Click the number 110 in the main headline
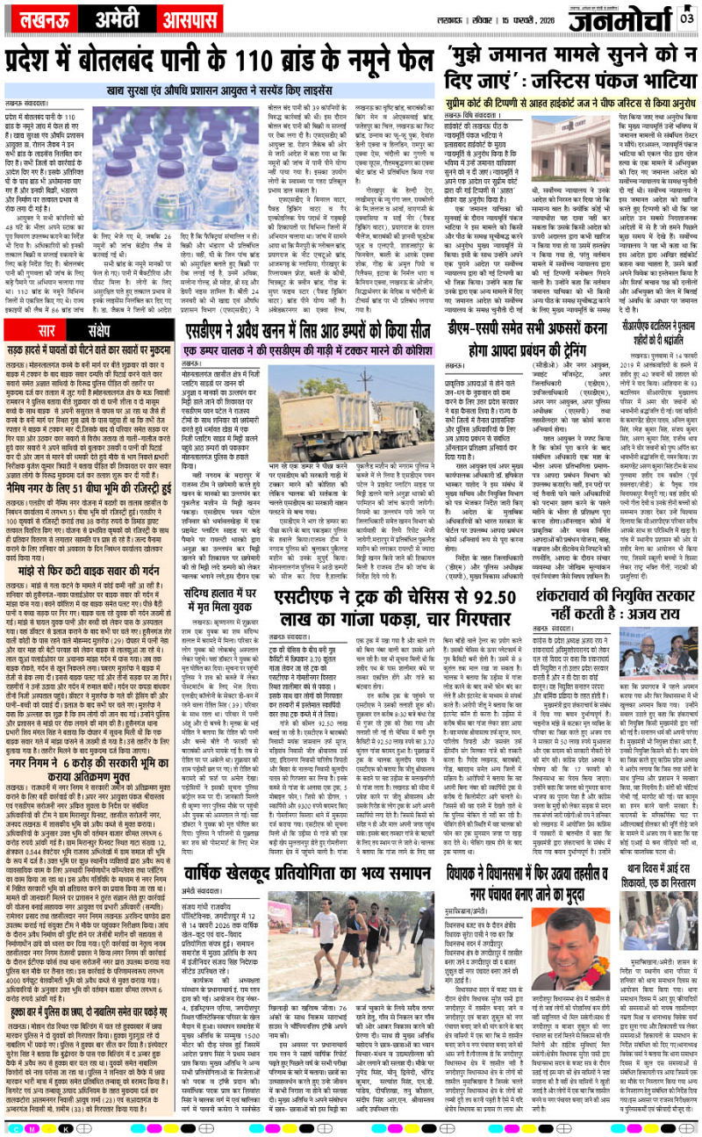tap(273, 62)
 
